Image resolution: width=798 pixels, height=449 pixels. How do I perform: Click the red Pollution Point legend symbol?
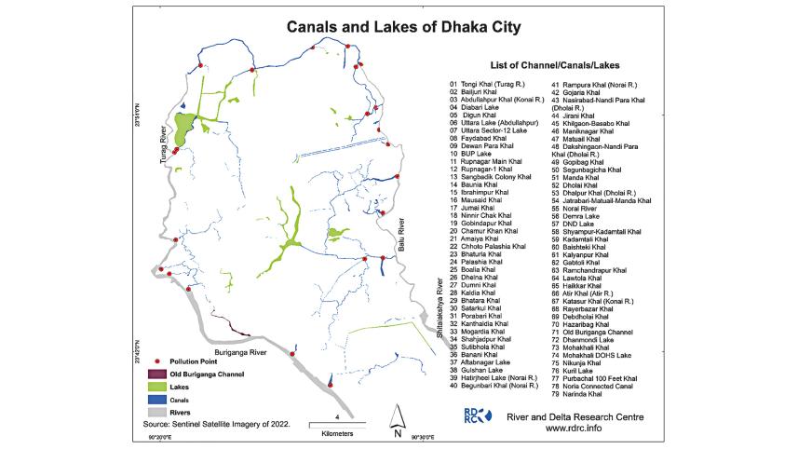point(158,360)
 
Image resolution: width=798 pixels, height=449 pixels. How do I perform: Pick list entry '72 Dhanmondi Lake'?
point(596,340)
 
